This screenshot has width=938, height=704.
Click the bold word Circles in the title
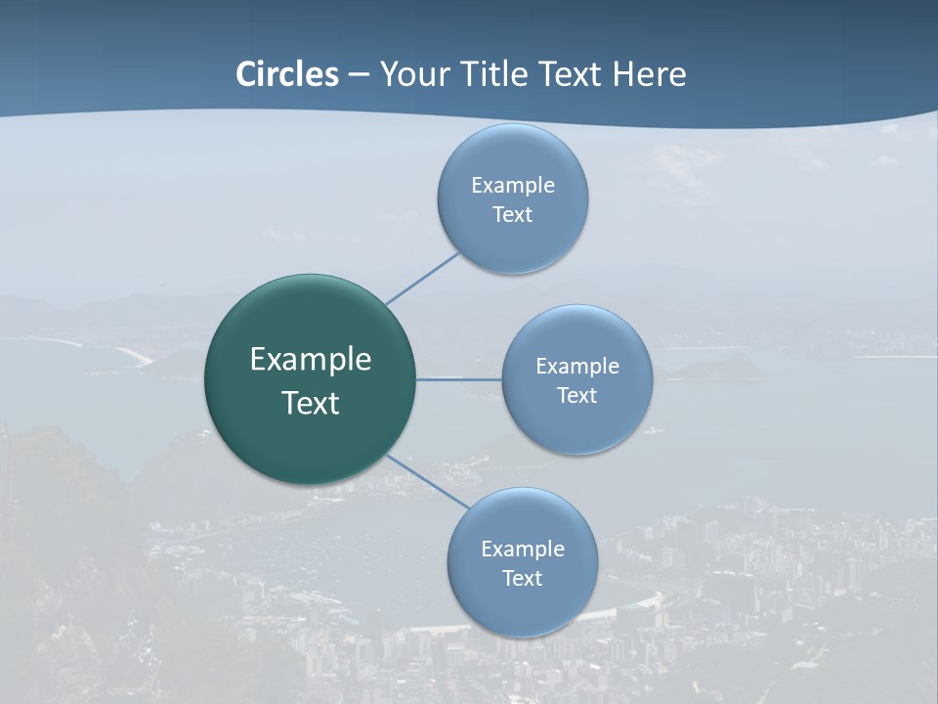287,74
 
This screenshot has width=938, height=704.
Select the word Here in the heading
650,74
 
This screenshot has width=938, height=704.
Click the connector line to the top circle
422,279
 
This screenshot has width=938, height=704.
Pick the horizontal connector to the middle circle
459,378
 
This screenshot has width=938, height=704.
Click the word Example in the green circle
311,360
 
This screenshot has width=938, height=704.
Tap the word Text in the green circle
311,403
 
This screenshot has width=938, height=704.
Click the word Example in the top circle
513,186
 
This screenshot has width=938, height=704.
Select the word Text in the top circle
513,215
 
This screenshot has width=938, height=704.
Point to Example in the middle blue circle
577,367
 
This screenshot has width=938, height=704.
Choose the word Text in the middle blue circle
577,396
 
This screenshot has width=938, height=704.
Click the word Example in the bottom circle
523,550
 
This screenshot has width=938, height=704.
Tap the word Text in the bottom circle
523,579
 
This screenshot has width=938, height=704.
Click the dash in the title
359,75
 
